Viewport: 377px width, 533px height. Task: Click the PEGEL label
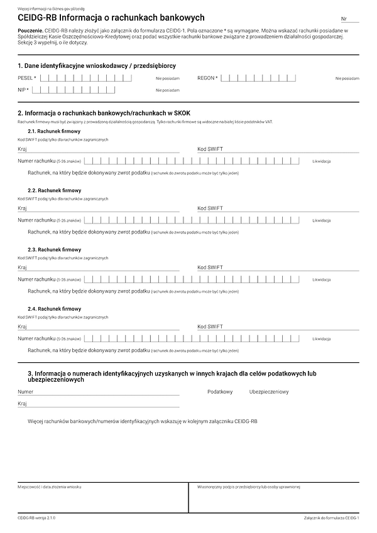pos(26,78)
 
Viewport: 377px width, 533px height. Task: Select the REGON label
pos(207,78)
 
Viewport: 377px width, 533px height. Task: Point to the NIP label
pos(23,90)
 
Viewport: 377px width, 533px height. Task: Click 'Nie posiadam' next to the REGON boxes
pos(347,78)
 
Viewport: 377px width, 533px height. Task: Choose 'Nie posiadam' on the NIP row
pos(168,90)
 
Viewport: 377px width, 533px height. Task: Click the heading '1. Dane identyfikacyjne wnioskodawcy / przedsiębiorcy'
pos(97,65)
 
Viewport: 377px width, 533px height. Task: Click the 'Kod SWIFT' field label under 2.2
pos(210,208)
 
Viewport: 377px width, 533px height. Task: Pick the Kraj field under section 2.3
pos(101,267)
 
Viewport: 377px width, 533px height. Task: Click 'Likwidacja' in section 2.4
pos(322,340)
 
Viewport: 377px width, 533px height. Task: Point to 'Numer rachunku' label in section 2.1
pos(37,161)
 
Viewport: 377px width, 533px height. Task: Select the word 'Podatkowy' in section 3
pos(220,392)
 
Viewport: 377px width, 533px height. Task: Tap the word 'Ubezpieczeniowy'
pos(269,392)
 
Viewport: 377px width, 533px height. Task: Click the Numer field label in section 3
pos(26,392)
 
